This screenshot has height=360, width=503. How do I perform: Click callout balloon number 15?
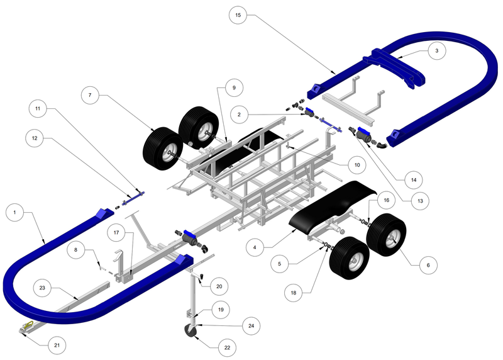238,14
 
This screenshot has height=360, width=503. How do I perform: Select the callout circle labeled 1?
14,213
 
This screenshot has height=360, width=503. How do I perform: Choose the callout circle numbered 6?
428,265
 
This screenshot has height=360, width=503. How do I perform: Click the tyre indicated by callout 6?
385,235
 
